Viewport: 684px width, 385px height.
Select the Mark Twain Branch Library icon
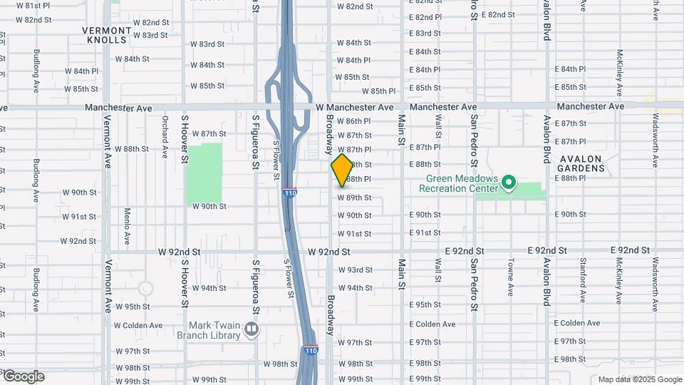251,329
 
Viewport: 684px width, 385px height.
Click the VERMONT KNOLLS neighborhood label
107,36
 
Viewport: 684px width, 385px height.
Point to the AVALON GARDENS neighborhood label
581,163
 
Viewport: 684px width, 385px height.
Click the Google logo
23,376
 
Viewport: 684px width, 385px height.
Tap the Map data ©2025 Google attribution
640,379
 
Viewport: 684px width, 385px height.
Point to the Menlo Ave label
127,225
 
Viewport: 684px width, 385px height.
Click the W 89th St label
354,197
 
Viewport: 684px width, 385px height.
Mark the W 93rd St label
355,270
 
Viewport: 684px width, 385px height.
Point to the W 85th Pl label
378,91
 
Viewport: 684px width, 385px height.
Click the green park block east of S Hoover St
204,173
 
